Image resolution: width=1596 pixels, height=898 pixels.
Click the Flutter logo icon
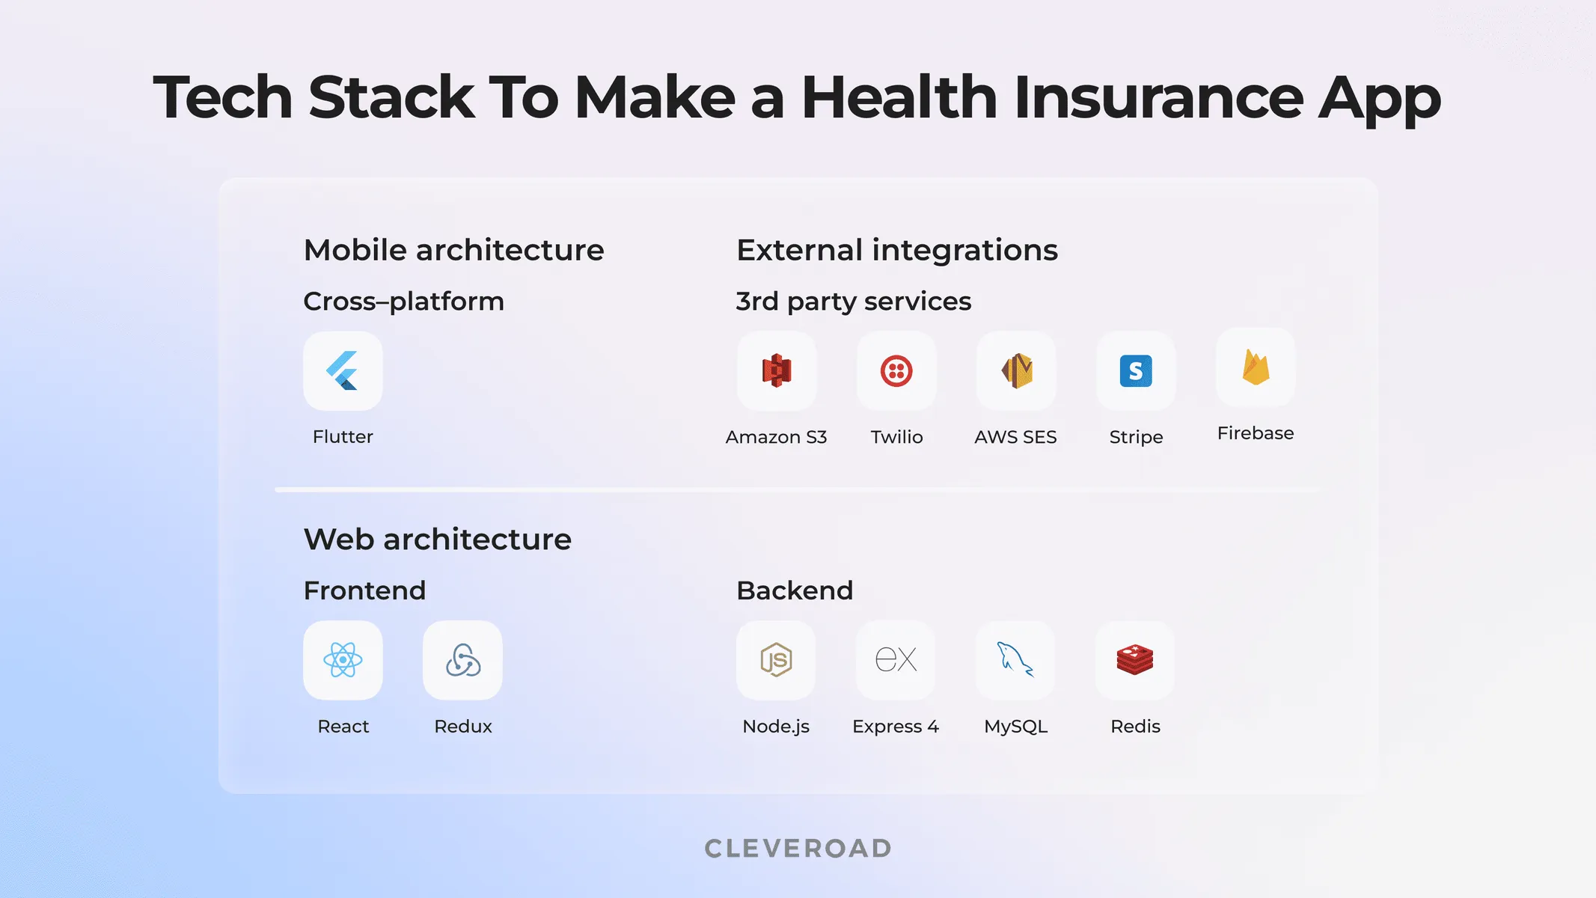pos(343,371)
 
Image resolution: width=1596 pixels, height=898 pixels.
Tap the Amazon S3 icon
pos(777,371)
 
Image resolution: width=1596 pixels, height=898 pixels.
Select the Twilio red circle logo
pos(896,371)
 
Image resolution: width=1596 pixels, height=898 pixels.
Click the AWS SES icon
pos(1016,371)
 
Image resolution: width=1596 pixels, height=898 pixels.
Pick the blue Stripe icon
pos(1136,371)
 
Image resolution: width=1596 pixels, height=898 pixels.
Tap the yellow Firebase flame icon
pos(1256,367)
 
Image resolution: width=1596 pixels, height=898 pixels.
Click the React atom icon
pos(343,660)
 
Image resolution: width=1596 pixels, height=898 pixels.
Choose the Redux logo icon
pos(462,660)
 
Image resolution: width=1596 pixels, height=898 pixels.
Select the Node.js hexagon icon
pos(776,660)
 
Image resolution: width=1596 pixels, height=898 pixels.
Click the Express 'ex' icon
pos(896,660)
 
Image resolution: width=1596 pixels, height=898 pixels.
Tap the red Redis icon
pos(1135,660)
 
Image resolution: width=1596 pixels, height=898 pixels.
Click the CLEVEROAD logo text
pos(798,849)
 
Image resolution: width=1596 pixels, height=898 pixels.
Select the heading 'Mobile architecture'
pos(453,250)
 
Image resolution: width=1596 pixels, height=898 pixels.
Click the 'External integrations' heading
pos(897,250)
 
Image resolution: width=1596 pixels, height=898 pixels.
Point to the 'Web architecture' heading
pos(438,540)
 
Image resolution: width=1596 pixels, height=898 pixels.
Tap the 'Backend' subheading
pos(795,590)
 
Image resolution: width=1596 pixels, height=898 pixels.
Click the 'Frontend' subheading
pos(364,590)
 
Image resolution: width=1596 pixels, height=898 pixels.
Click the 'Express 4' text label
pos(896,727)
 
